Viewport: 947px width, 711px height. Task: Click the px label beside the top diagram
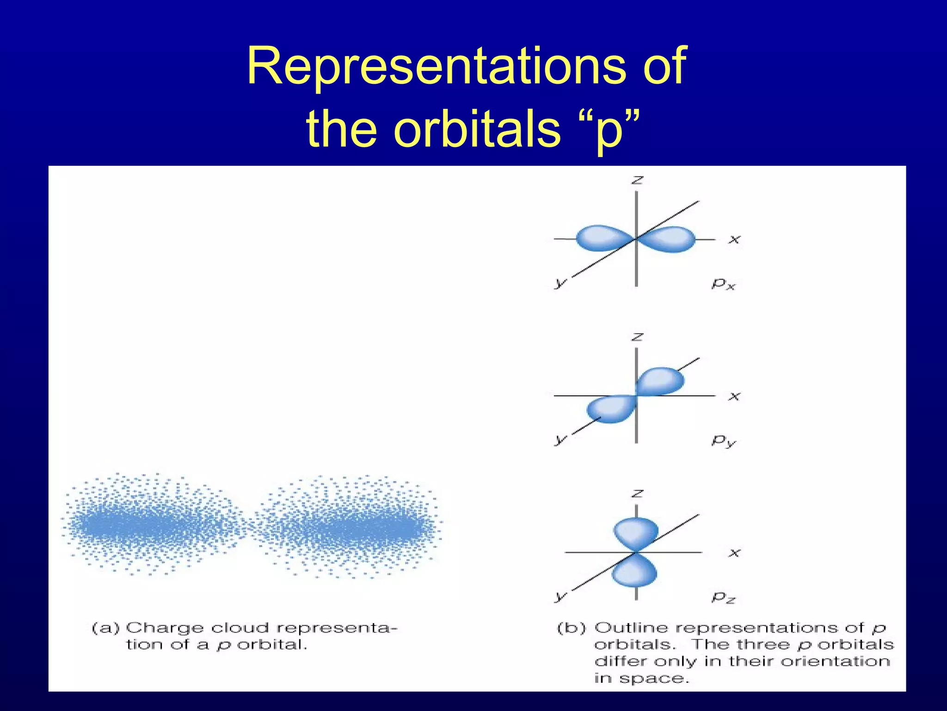click(x=723, y=283)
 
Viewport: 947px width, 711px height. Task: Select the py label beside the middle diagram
click(x=723, y=440)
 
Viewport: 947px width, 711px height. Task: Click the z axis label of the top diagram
click(x=637, y=180)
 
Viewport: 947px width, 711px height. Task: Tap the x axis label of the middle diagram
click(x=734, y=396)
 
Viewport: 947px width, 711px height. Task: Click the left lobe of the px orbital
click(x=601, y=238)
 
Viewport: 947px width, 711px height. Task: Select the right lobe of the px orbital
click(x=670, y=239)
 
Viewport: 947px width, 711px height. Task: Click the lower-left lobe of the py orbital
click(x=610, y=408)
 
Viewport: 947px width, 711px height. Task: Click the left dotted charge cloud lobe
click(x=153, y=524)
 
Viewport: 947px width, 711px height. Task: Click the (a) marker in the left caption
click(x=106, y=628)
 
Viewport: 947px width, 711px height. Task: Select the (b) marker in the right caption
click(x=571, y=628)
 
